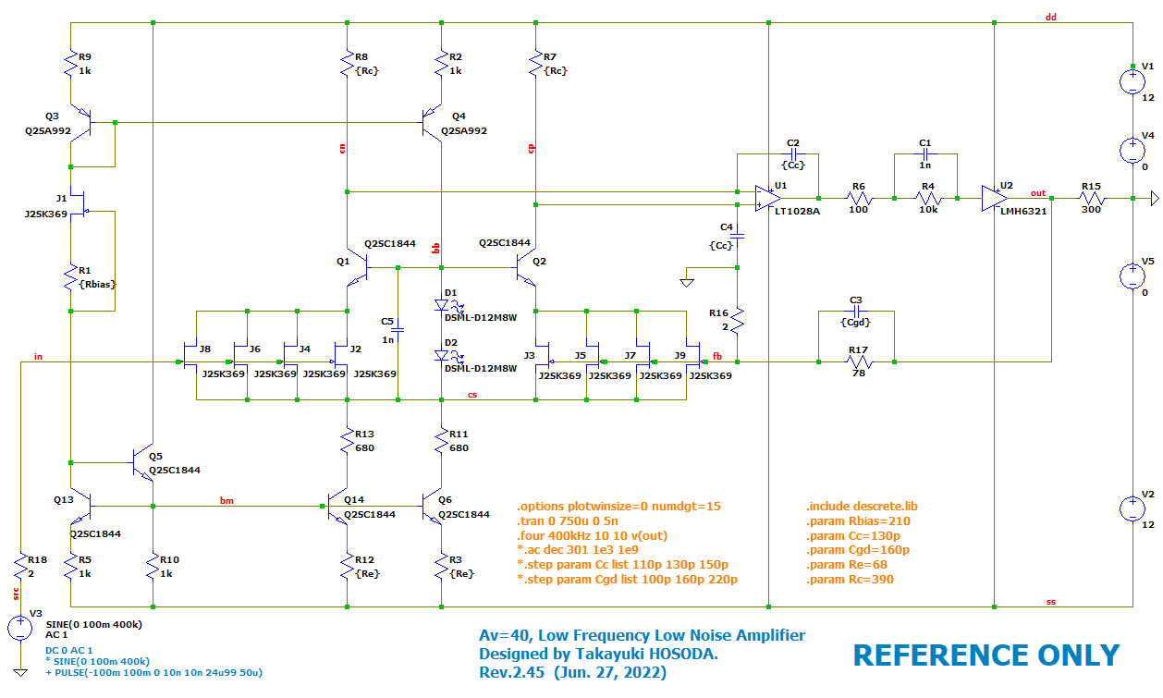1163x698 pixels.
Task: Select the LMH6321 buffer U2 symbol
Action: point(994,197)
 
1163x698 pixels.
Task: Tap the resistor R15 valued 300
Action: point(1091,198)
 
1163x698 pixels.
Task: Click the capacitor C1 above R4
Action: point(925,154)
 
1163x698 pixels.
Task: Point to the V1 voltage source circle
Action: point(1132,80)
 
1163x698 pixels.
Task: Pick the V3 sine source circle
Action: point(19,628)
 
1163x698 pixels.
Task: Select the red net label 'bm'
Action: point(226,500)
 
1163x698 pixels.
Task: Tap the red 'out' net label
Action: point(1038,192)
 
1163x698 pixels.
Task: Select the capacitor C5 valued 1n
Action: point(398,329)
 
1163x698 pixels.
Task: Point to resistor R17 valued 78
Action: point(857,361)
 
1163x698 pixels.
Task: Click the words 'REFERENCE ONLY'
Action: point(985,655)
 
